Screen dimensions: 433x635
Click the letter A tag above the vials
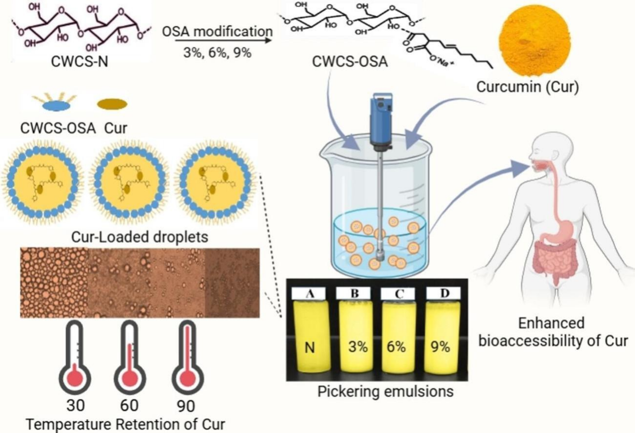click(309, 294)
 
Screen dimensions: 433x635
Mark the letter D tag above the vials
click(443, 294)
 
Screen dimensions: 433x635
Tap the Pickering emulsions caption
click(385, 391)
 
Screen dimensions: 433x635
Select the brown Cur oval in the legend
click(112, 104)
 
